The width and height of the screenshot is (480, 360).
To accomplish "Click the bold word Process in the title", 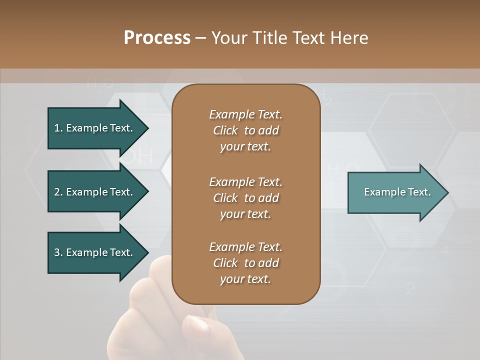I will [x=157, y=37].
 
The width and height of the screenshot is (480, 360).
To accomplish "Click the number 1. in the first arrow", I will [x=58, y=128].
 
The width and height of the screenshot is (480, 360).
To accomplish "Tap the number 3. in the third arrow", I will [x=58, y=252].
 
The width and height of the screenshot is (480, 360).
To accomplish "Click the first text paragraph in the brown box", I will [x=245, y=130].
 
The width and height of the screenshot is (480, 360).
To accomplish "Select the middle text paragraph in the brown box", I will [x=245, y=197].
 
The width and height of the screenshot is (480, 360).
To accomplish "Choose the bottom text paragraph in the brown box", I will [x=245, y=263].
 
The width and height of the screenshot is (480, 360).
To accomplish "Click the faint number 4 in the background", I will [x=445, y=251].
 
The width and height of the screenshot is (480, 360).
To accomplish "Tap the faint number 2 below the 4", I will [x=410, y=288].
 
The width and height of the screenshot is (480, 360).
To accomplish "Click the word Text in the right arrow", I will [x=419, y=192].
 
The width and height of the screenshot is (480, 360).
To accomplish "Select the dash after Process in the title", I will [x=200, y=38].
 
